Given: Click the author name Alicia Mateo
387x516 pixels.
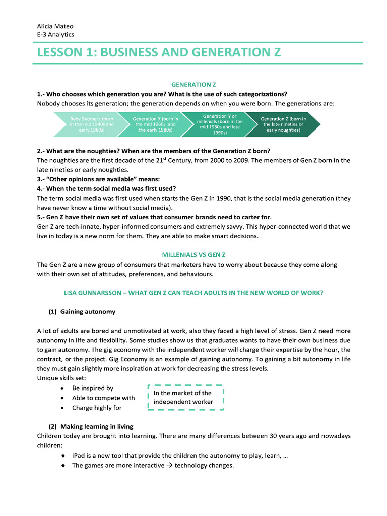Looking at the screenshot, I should (55, 26).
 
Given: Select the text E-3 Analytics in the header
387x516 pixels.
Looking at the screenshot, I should (55, 34).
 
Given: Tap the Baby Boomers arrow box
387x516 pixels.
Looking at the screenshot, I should (91, 124).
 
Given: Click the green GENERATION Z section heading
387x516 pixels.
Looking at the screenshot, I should (190, 85).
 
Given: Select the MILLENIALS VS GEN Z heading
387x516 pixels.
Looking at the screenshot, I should (190, 255).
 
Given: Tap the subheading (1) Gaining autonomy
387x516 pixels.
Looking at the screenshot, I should (82, 311).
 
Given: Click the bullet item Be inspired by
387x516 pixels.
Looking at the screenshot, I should (92, 388).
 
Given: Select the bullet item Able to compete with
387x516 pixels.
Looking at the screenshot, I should (103, 398).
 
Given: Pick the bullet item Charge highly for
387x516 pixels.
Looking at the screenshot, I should (97, 408).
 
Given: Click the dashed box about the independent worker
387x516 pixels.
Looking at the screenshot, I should (185, 397).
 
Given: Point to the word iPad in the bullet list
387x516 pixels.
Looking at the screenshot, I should (79, 456).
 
